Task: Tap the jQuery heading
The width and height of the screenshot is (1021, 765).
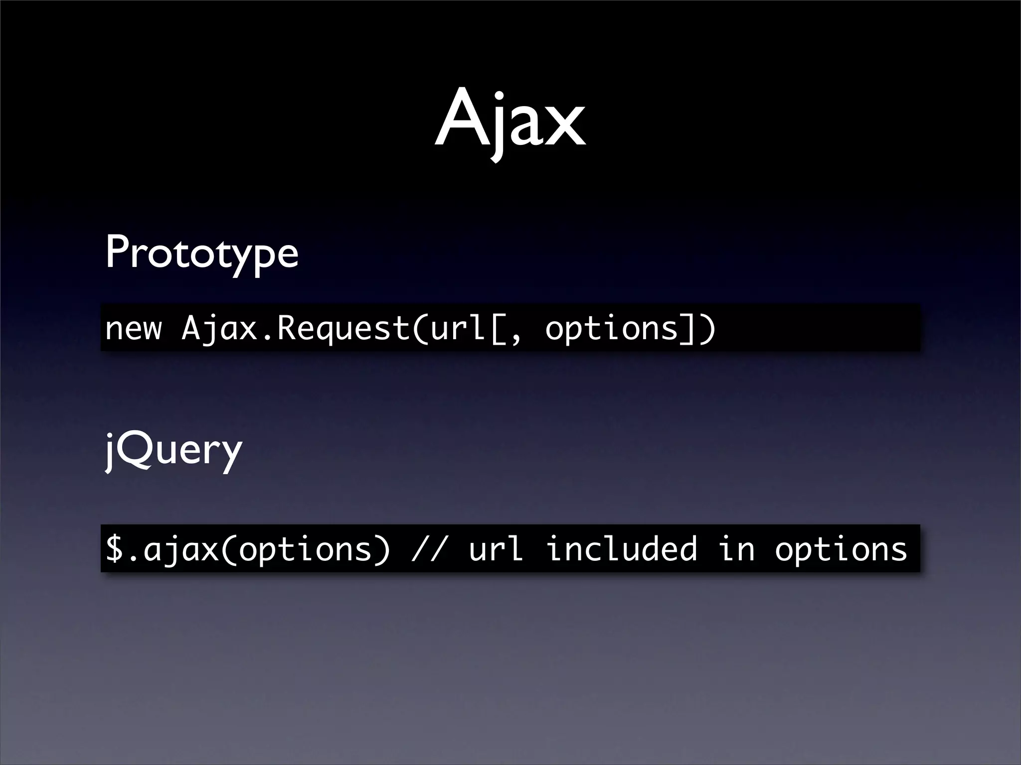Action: click(173, 450)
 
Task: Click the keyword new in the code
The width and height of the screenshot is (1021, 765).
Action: click(134, 329)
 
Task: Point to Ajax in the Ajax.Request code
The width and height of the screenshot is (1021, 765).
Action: click(219, 329)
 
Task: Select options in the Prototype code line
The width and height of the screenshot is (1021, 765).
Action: click(612, 329)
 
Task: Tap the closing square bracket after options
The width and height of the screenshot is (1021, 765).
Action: click(688, 329)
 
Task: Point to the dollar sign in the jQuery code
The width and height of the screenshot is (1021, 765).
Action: click(115, 549)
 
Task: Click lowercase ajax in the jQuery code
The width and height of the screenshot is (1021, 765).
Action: click(181, 549)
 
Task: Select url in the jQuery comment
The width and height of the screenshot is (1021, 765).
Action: click(497, 549)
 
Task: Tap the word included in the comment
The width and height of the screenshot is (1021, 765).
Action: click(621, 549)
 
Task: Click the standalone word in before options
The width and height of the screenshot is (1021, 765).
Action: click(736, 549)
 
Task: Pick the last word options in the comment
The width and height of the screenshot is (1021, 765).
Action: click(841, 549)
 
